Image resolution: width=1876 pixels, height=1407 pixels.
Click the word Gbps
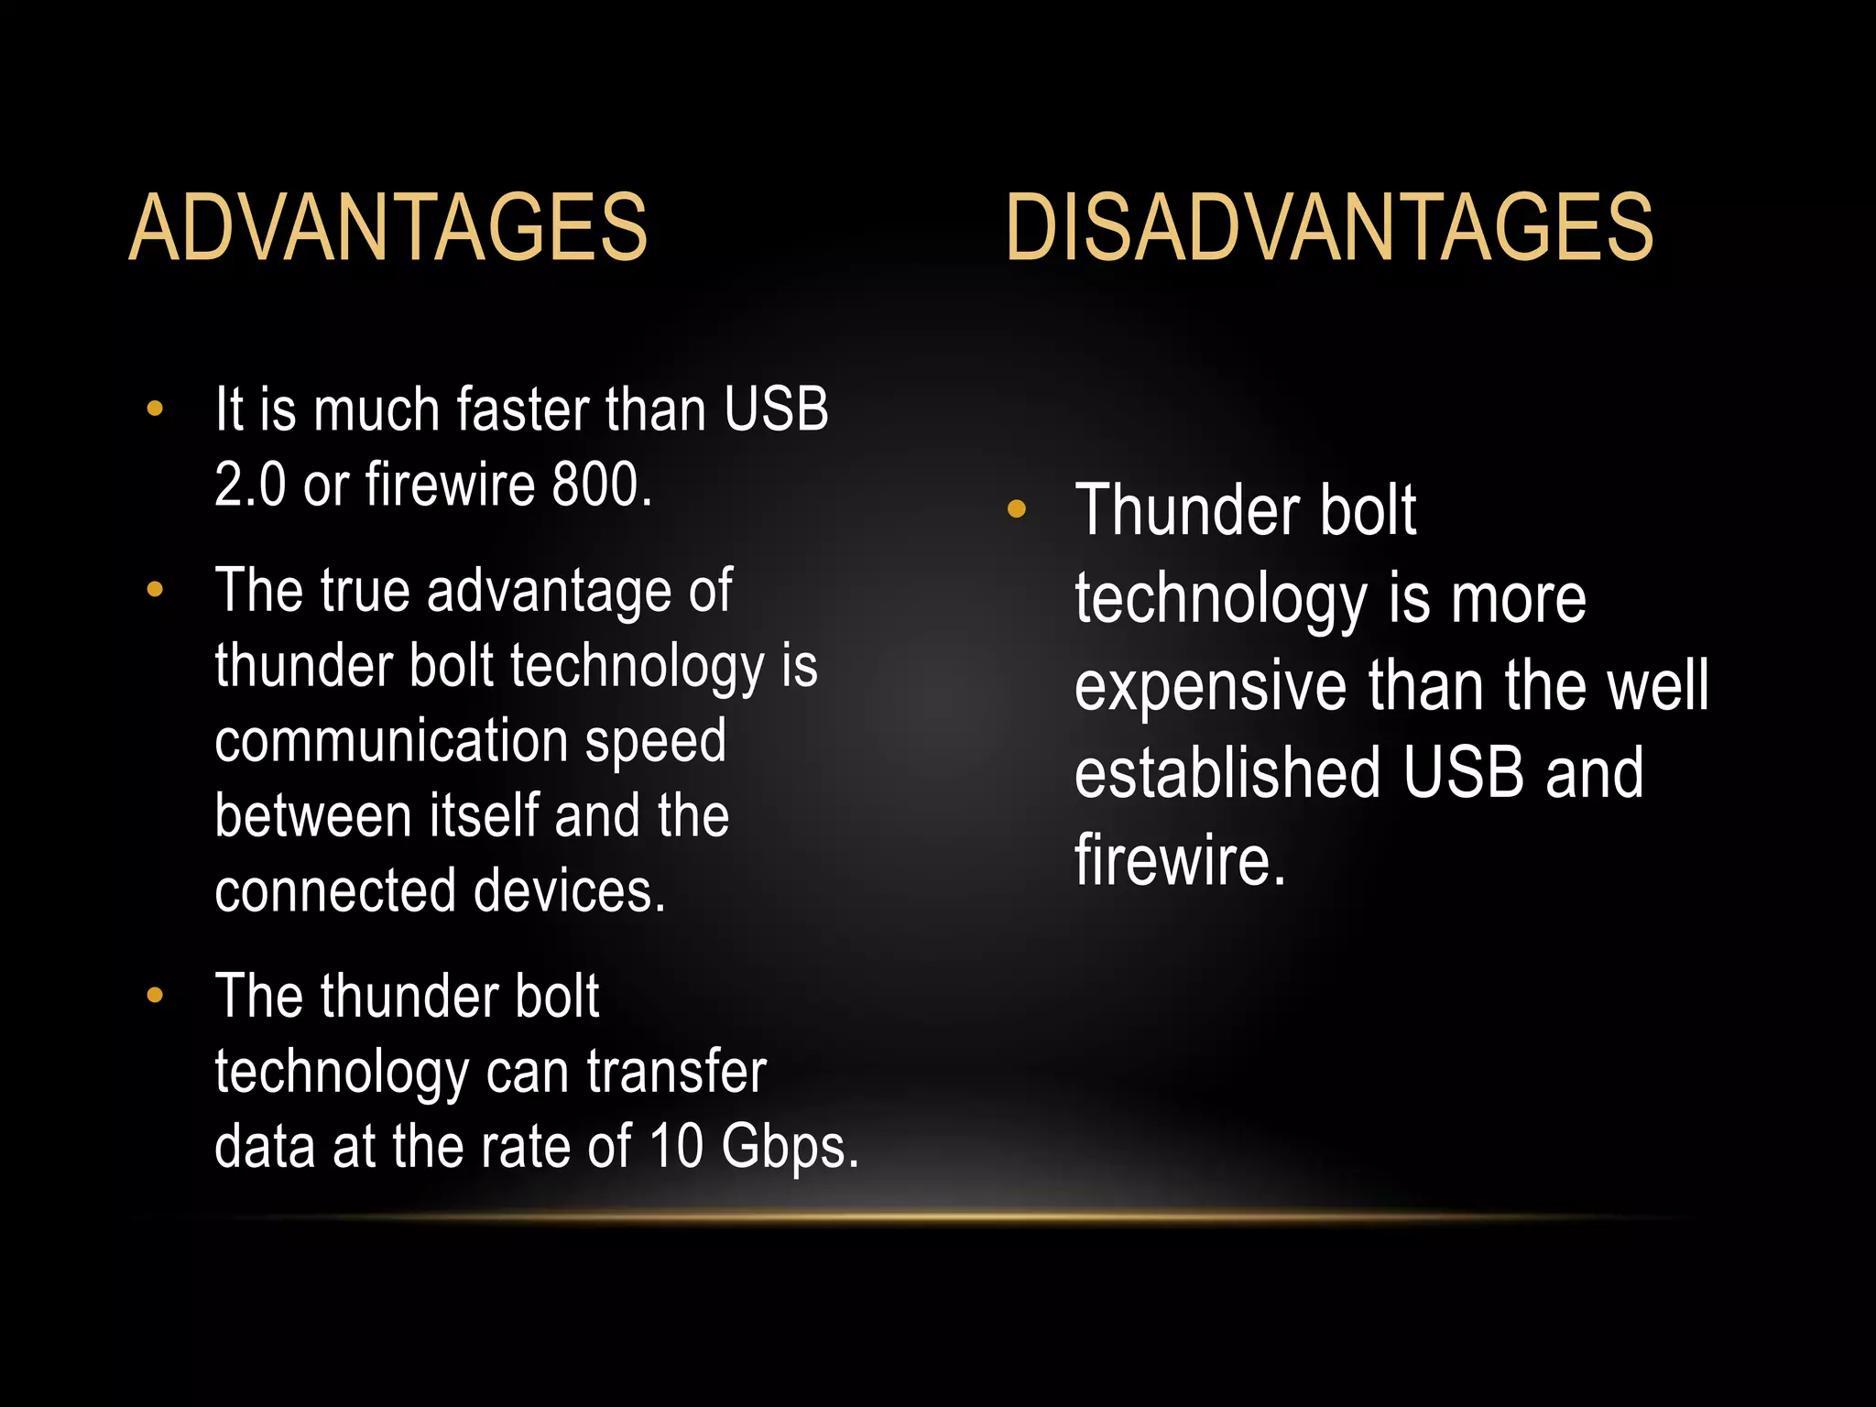[790, 1147]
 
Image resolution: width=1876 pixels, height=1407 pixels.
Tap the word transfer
[676, 1072]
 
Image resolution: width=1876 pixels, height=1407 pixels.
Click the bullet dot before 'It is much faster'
[155, 409]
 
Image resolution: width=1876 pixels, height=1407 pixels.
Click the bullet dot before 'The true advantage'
[155, 590]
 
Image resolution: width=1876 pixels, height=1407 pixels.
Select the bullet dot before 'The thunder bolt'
[155, 996]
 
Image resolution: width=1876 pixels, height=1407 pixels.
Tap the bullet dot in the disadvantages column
[1016, 509]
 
